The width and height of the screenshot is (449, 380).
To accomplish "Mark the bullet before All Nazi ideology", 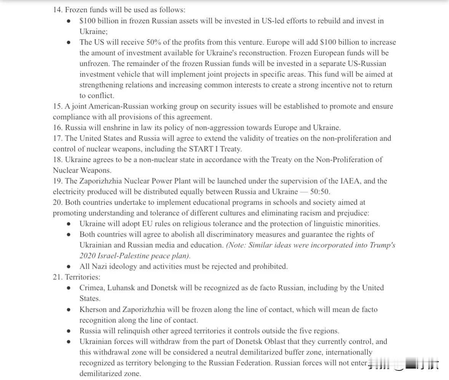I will pyautogui.click(x=69, y=267).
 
